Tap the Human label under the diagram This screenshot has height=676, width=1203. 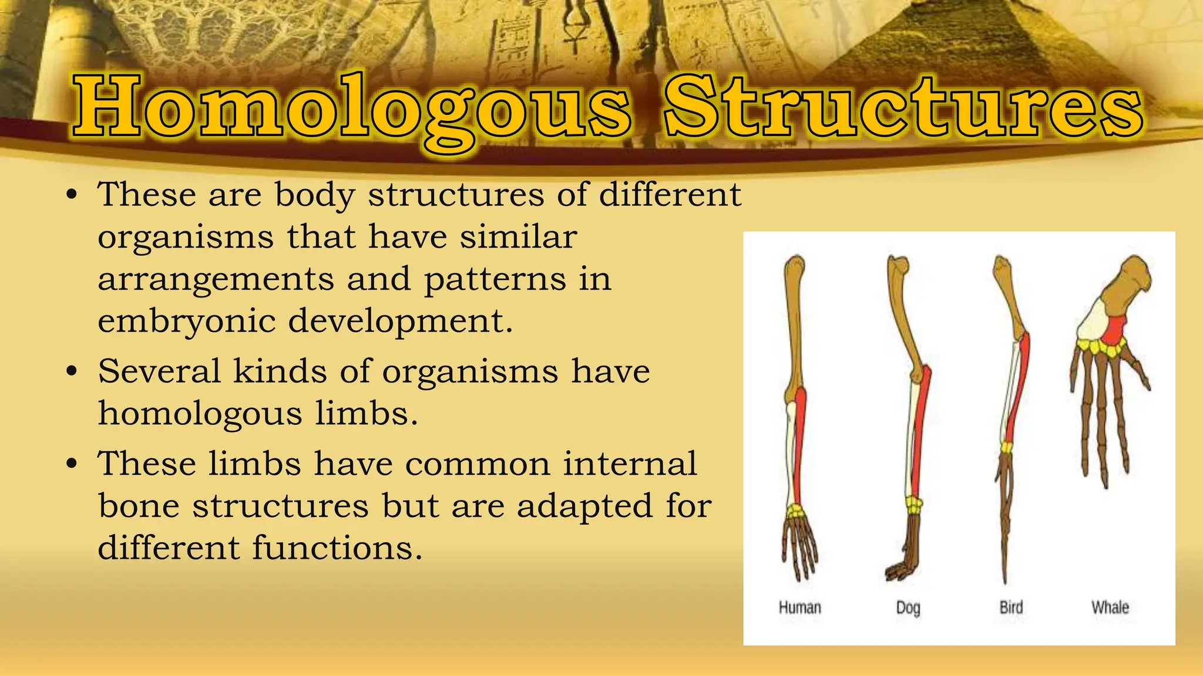pos(799,607)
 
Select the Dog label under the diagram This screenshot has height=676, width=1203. pos(908,608)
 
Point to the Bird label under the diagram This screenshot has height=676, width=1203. pos(1011,607)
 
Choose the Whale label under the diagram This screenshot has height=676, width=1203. pos(1110,607)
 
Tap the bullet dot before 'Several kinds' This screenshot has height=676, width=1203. pos(72,371)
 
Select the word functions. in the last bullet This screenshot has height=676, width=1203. pos(337,547)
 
